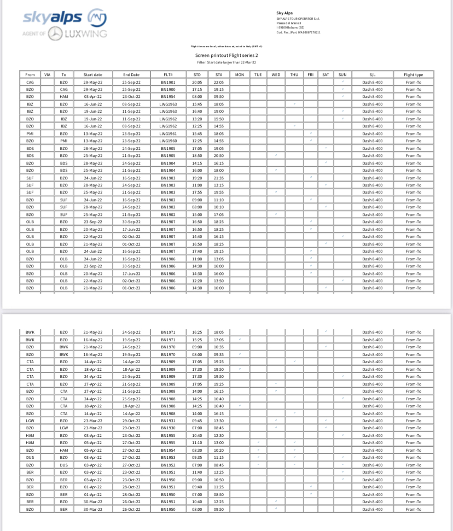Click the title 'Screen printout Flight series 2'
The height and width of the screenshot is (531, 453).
pyautogui.click(x=226, y=55)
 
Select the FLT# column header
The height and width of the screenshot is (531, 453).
pyautogui.click(x=169, y=74)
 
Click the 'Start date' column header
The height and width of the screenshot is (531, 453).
pyautogui.click(x=93, y=74)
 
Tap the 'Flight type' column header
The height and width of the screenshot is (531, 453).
pyautogui.click(x=414, y=74)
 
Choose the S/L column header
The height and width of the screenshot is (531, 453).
pyautogui.click(x=373, y=74)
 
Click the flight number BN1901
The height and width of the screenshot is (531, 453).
pyautogui.click(x=169, y=82)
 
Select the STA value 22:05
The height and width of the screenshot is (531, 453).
pyautogui.click(x=219, y=82)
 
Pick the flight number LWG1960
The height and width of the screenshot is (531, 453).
pyautogui.click(x=169, y=141)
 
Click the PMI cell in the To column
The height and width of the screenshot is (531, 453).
pyautogui.click(x=64, y=141)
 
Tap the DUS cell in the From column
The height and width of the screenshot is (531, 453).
pyautogui.click(x=30, y=458)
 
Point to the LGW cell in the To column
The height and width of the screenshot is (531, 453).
pyautogui.click(x=64, y=428)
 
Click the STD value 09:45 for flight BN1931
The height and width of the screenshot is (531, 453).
pyautogui.click(x=198, y=421)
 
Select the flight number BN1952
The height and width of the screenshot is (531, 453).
pyautogui.click(x=169, y=465)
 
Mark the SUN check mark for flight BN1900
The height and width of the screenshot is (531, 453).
pyautogui.click(x=342, y=89)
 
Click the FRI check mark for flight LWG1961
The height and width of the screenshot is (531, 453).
pyautogui.click(x=310, y=133)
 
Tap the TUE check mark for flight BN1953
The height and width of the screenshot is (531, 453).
pyautogui.click(x=258, y=458)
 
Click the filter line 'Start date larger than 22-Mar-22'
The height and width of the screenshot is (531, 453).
pyautogui.click(x=226, y=62)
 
